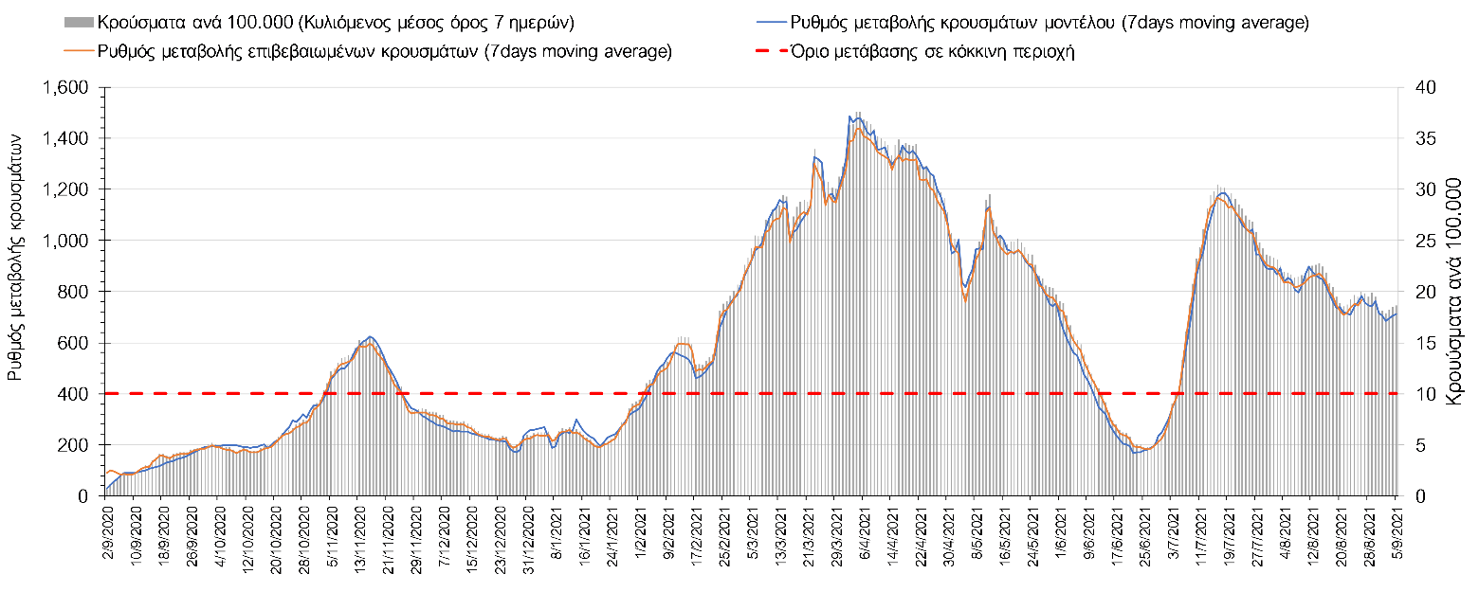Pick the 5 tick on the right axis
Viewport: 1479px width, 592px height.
[1415, 445]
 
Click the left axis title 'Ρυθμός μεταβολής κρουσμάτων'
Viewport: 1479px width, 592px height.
[15, 256]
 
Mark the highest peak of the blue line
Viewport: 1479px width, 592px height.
[858, 116]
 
